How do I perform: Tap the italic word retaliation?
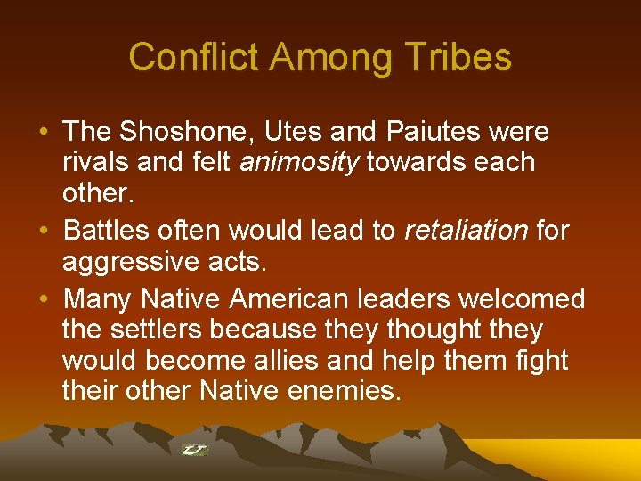(466, 231)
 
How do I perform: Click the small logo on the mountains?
(195, 450)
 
